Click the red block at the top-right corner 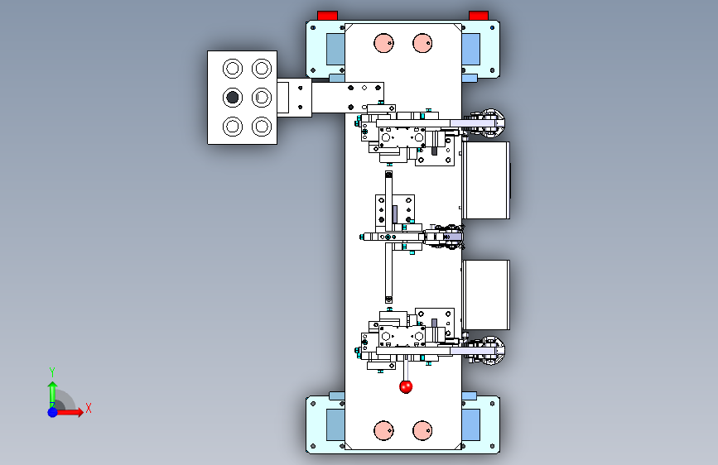pos(479,15)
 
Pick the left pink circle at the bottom pos(383,429)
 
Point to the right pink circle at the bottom pos(422,429)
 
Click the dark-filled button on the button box pos(232,98)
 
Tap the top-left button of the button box pos(232,68)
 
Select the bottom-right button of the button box pos(262,127)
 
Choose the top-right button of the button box pos(262,68)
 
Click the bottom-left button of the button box pos(232,127)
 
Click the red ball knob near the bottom pos(406,386)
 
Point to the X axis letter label pos(88,408)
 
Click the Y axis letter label pos(52,372)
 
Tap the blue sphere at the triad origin pos(52,411)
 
